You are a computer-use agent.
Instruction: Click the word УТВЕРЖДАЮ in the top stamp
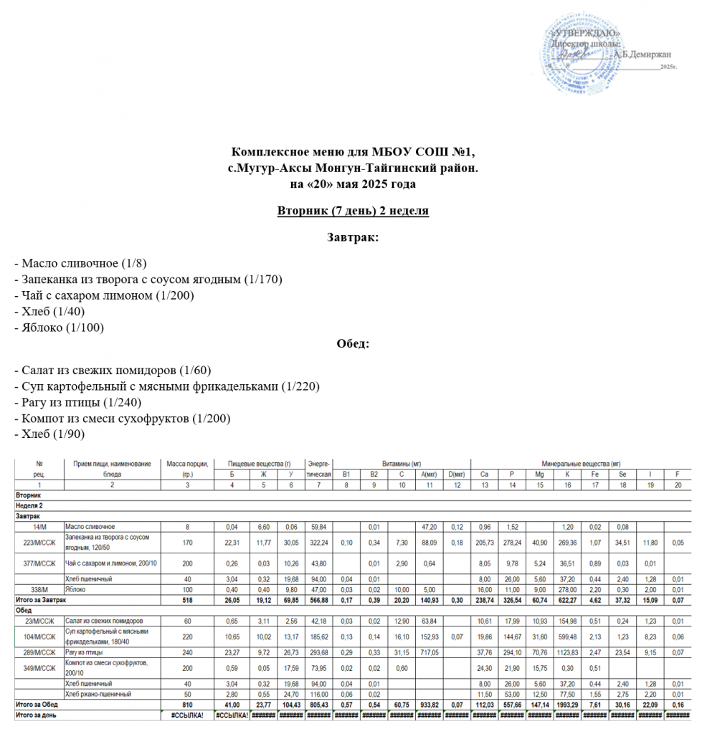pos(585,34)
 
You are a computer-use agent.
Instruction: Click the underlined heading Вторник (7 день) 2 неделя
pos(353,211)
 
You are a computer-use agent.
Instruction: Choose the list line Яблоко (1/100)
pos(60,328)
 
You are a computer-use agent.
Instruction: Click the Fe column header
pos(595,475)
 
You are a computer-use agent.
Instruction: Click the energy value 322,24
pos(316,542)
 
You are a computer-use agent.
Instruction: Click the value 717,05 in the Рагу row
pos(429,654)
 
